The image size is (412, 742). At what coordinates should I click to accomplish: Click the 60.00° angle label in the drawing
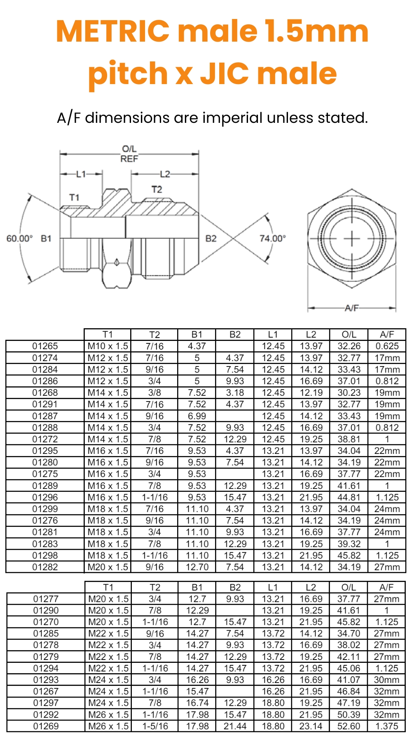[x=19, y=239]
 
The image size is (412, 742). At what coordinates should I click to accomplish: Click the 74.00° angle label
[x=272, y=239]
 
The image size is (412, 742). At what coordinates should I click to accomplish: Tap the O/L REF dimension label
[x=129, y=154]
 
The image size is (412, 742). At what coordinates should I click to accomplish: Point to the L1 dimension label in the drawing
[x=81, y=174]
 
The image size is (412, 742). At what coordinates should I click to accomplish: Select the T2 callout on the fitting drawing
[x=157, y=190]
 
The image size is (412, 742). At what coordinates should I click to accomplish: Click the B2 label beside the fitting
[x=211, y=239]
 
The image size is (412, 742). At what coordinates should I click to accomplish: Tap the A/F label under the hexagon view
[x=351, y=308]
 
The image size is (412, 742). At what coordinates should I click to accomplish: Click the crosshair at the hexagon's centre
[x=352, y=239]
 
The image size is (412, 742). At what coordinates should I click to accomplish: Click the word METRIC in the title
[x=112, y=31]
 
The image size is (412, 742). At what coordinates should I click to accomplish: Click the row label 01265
[x=45, y=346]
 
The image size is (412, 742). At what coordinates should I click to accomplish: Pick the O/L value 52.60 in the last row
[x=349, y=726]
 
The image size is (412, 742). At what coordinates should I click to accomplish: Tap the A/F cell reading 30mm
[x=386, y=680]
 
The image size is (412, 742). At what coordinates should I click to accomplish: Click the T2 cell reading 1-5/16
[x=155, y=726]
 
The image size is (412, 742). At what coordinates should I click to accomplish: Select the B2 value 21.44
[x=235, y=726]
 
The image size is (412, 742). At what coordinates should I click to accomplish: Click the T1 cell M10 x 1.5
[x=108, y=346]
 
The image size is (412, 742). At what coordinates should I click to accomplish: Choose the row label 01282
[x=45, y=567]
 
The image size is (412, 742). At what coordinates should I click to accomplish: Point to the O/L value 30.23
[x=349, y=393]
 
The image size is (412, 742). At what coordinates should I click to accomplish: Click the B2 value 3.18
[x=235, y=393]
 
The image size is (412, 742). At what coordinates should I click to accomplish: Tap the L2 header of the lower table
[x=311, y=587]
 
